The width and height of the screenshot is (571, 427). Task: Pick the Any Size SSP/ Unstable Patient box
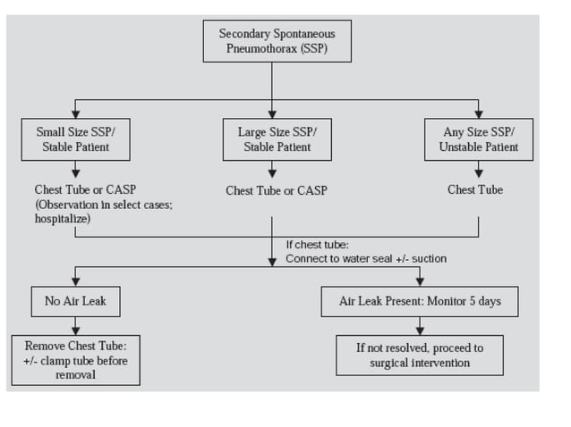[478, 139]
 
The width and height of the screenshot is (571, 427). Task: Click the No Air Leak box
[75, 302]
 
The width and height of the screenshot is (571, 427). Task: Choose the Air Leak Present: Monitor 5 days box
[420, 302]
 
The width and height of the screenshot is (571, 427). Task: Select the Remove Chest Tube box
[75, 360]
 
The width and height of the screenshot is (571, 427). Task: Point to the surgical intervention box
[420, 355]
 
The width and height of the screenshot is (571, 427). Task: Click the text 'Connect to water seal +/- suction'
[366, 258]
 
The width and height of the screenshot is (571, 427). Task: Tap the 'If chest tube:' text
[317, 244]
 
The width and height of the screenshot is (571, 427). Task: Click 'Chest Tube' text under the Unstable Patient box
[475, 189]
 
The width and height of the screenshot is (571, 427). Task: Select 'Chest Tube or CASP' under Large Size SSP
[277, 190]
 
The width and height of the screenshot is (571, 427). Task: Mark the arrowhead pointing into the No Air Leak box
[75, 282]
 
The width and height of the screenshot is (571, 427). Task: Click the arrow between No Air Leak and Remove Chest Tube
[75, 327]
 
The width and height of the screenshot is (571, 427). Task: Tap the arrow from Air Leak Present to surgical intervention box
[420, 327]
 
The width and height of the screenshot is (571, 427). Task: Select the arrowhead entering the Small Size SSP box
[75, 113]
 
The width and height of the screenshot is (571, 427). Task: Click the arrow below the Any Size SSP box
[478, 170]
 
